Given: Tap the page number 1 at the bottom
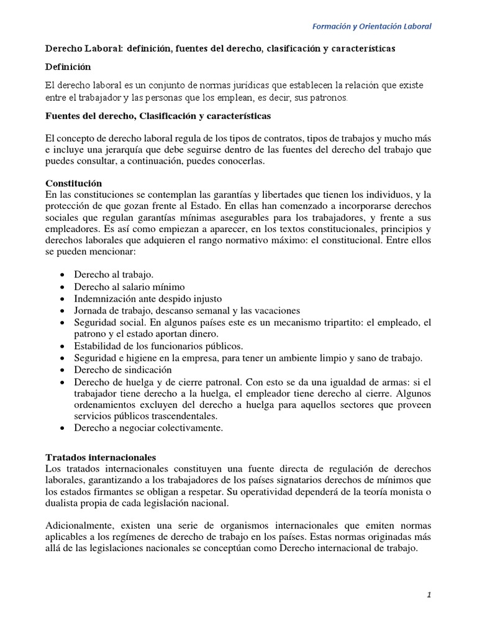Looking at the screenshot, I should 429,595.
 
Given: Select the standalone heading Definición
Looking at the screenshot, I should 70,66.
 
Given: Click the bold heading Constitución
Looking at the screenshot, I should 74,184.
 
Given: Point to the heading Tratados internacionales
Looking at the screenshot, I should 101,457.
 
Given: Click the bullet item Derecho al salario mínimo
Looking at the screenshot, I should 129,287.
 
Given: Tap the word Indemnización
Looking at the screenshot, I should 105,299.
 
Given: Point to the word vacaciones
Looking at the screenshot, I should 276,310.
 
